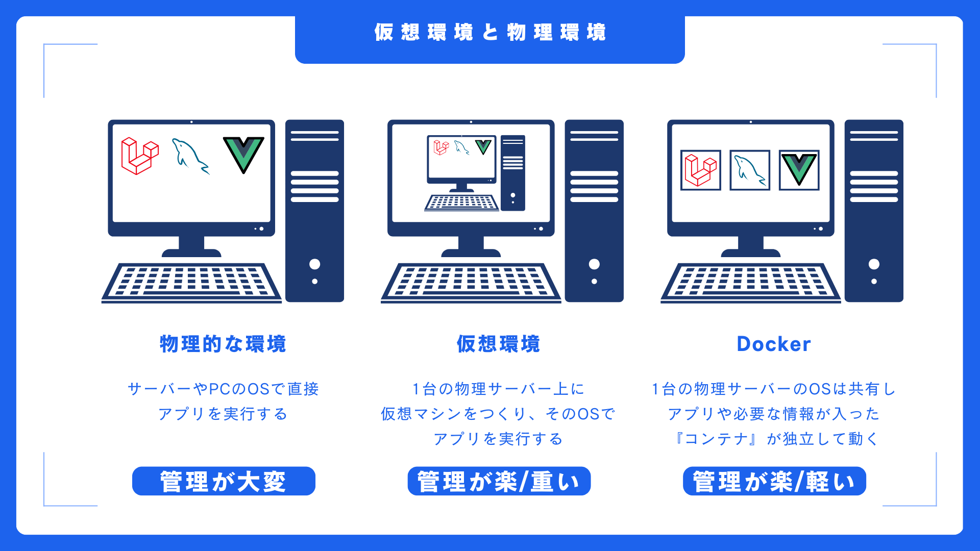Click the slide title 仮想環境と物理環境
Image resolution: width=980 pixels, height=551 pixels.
tap(490, 32)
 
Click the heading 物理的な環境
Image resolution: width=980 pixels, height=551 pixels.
tap(223, 344)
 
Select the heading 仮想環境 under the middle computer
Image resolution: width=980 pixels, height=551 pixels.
tap(499, 344)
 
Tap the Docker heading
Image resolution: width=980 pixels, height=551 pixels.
tap(774, 344)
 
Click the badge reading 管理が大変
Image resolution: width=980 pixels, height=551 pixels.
tap(224, 481)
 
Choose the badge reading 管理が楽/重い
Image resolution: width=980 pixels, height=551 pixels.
tap(499, 481)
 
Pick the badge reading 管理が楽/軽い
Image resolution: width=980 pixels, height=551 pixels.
tap(774, 481)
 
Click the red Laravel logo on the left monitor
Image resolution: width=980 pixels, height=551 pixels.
tap(139, 156)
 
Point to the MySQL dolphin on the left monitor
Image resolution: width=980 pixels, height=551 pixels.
tap(190, 156)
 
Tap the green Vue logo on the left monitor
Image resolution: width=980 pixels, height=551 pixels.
tap(243, 154)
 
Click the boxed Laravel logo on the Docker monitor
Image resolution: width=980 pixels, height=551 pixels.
tap(700, 170)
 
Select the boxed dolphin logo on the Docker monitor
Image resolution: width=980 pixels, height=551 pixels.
tap(749, 170)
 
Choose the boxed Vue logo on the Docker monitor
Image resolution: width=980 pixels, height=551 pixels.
tap(799, 170)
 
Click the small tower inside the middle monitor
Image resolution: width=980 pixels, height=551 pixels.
tap(512, 172)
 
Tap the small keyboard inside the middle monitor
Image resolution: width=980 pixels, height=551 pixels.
tap(461, 203)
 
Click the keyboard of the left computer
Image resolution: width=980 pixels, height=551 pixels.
tap(191, 282)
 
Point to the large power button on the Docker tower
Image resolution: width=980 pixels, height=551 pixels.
tap(874, 264)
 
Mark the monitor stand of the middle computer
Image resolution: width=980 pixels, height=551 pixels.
tap(471, 246)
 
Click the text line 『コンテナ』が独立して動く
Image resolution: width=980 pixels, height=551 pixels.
tap(774, 439)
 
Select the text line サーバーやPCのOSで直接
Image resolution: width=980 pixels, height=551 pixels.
tap(223, 389)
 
